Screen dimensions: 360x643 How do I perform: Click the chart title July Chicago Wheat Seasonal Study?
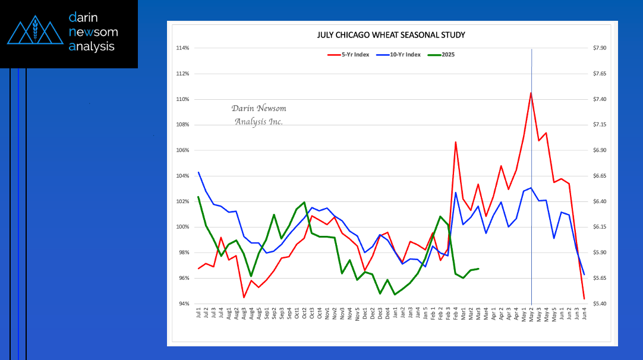391,35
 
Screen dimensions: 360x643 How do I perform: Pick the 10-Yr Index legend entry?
404,55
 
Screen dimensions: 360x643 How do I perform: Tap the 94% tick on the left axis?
182,304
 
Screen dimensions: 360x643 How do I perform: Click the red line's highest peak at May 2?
531,93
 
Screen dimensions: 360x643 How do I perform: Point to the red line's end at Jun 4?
584,298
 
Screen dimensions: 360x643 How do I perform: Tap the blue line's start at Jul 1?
198,172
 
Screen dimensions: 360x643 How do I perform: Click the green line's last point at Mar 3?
478,269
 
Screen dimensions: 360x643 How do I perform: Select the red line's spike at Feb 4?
456,142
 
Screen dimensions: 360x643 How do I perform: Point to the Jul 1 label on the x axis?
198,314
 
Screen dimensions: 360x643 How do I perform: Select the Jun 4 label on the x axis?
584,314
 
